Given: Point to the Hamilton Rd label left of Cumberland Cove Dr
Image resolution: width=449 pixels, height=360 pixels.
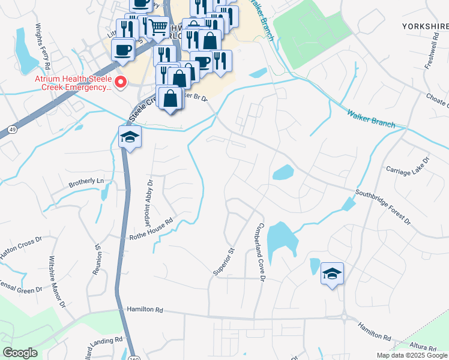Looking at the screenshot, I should tap(145, 310).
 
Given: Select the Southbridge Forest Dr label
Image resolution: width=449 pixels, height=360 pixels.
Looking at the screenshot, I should tap(382, 208).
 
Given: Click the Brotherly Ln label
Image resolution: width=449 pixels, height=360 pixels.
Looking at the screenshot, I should tap(86, 181).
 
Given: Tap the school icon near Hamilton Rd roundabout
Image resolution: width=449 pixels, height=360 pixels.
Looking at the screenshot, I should tap(332, 273).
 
